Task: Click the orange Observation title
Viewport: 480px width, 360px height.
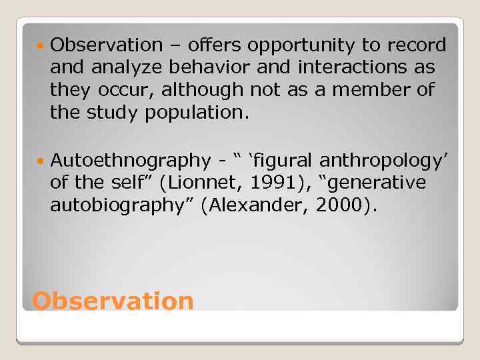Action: (113, 301)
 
